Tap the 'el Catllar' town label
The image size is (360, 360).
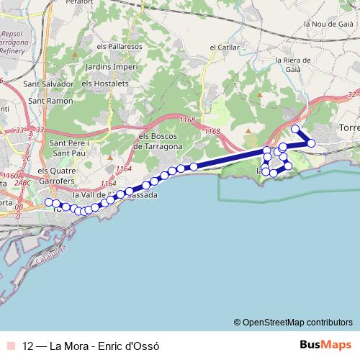[223, 48]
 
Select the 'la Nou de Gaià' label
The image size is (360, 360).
[328, 24]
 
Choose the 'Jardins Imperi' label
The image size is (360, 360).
[111, 68]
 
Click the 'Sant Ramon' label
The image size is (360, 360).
[50, 101]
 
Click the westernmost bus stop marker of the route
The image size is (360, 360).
[49, 202]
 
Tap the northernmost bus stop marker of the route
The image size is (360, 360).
[295, 129]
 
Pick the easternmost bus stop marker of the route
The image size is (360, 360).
[311, 143]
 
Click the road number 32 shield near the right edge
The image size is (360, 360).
[351, 94]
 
